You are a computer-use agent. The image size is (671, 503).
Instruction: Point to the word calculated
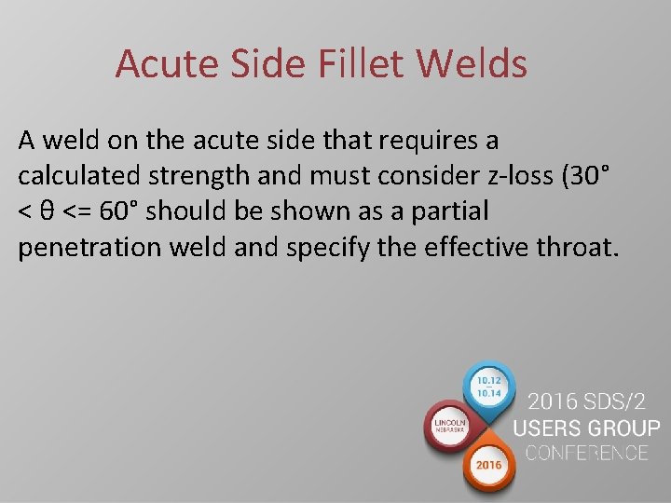[x=79, y=176]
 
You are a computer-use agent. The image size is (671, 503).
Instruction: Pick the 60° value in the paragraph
[x=119, y=211]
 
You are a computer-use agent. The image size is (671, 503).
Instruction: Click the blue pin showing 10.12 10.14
[x=489, y=387]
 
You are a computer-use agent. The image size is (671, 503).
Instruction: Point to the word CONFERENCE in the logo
[x=586, y=454]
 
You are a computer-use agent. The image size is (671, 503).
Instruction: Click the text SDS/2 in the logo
[x=622, y=403]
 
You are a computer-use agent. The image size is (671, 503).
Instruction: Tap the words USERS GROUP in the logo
[x=586, y=429]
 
